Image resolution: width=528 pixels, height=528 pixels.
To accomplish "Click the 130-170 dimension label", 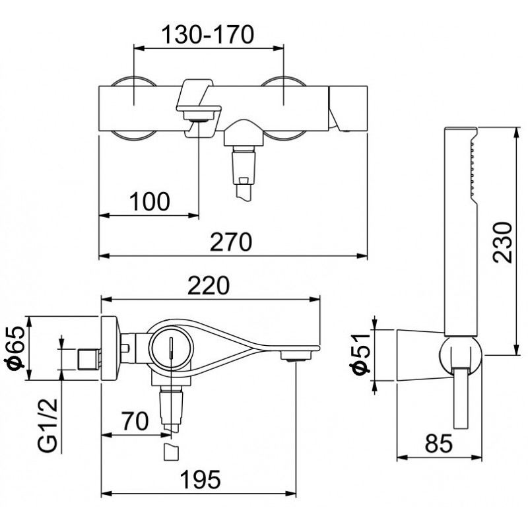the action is (208, 35).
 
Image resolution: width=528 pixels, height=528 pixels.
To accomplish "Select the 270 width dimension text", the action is (230, 242).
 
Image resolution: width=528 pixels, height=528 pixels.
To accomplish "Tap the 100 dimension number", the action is (150, 202).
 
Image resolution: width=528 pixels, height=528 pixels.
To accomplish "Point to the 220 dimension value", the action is (209, 285).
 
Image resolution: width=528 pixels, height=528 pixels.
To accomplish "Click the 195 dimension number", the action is (201, 480).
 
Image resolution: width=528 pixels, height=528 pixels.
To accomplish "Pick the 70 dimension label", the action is (135, 420).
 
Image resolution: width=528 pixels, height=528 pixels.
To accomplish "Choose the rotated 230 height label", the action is (502, 242).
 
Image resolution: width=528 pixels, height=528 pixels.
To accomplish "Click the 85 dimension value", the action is (439, 444).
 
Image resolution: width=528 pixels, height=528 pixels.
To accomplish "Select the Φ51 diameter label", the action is (360, 354).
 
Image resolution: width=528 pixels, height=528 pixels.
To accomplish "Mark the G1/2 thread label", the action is (48, 425).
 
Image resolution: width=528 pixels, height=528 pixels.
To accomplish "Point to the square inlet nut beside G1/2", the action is (89, 360).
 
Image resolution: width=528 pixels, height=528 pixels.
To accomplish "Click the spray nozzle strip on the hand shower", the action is (472, 169).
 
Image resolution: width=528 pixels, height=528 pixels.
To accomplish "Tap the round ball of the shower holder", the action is (460, 355).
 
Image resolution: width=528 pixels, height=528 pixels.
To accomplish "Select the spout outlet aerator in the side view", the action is (295, 356).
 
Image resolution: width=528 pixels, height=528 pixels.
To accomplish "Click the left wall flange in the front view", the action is (134, 109).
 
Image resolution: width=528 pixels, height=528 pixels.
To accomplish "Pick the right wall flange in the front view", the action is (284, 109).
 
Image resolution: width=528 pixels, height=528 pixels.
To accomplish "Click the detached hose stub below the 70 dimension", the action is (171, 452).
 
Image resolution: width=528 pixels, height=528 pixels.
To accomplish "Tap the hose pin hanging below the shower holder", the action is (461, 399).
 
